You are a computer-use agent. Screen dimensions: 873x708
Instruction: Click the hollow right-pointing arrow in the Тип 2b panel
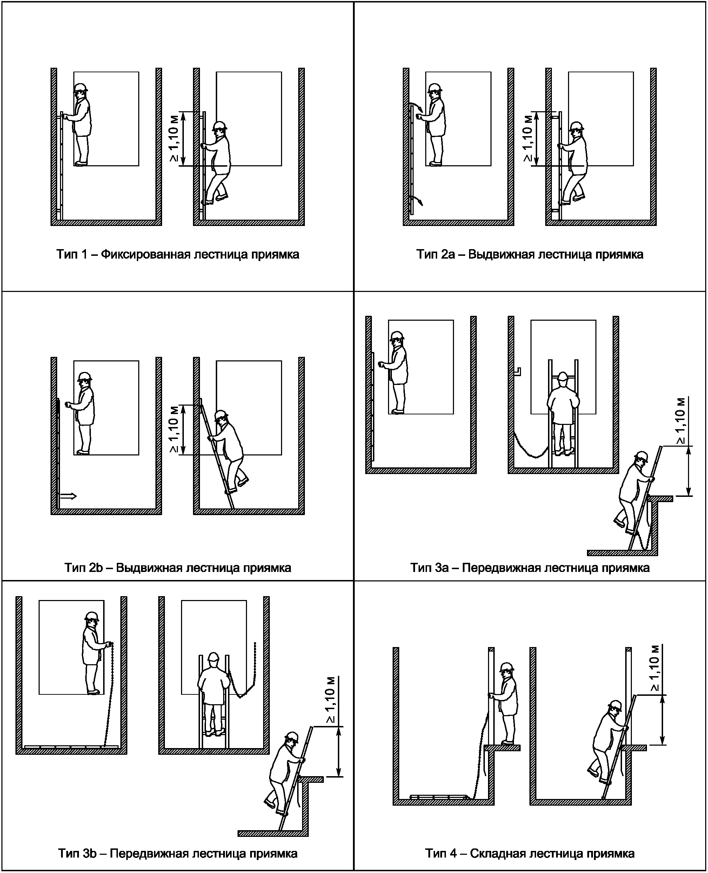coord(68,496)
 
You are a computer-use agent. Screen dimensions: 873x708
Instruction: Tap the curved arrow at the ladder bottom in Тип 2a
coord(418,200)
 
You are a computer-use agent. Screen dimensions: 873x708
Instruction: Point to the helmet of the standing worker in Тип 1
coord(81,87)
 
